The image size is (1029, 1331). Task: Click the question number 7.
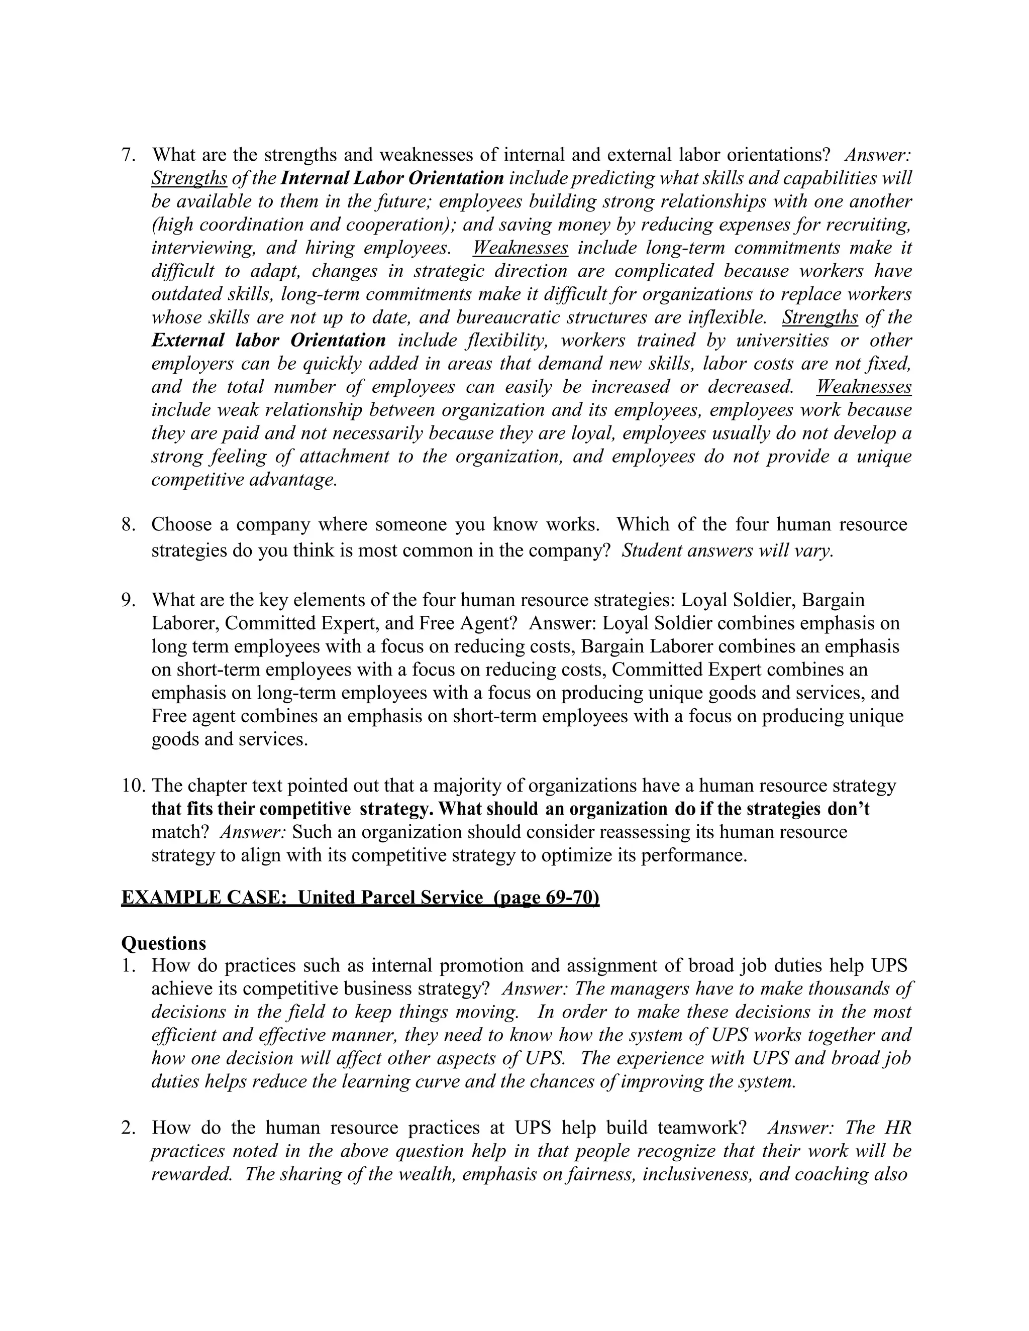128,155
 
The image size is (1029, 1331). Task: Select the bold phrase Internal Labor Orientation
392,179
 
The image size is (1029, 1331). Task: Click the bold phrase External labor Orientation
268,341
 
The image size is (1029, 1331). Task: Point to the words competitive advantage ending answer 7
244,480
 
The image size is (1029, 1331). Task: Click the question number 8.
128,525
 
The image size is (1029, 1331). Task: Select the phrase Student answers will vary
727,551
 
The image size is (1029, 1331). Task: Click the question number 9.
128,600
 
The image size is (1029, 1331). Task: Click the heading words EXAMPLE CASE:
204,898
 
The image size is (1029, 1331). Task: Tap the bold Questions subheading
163,943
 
